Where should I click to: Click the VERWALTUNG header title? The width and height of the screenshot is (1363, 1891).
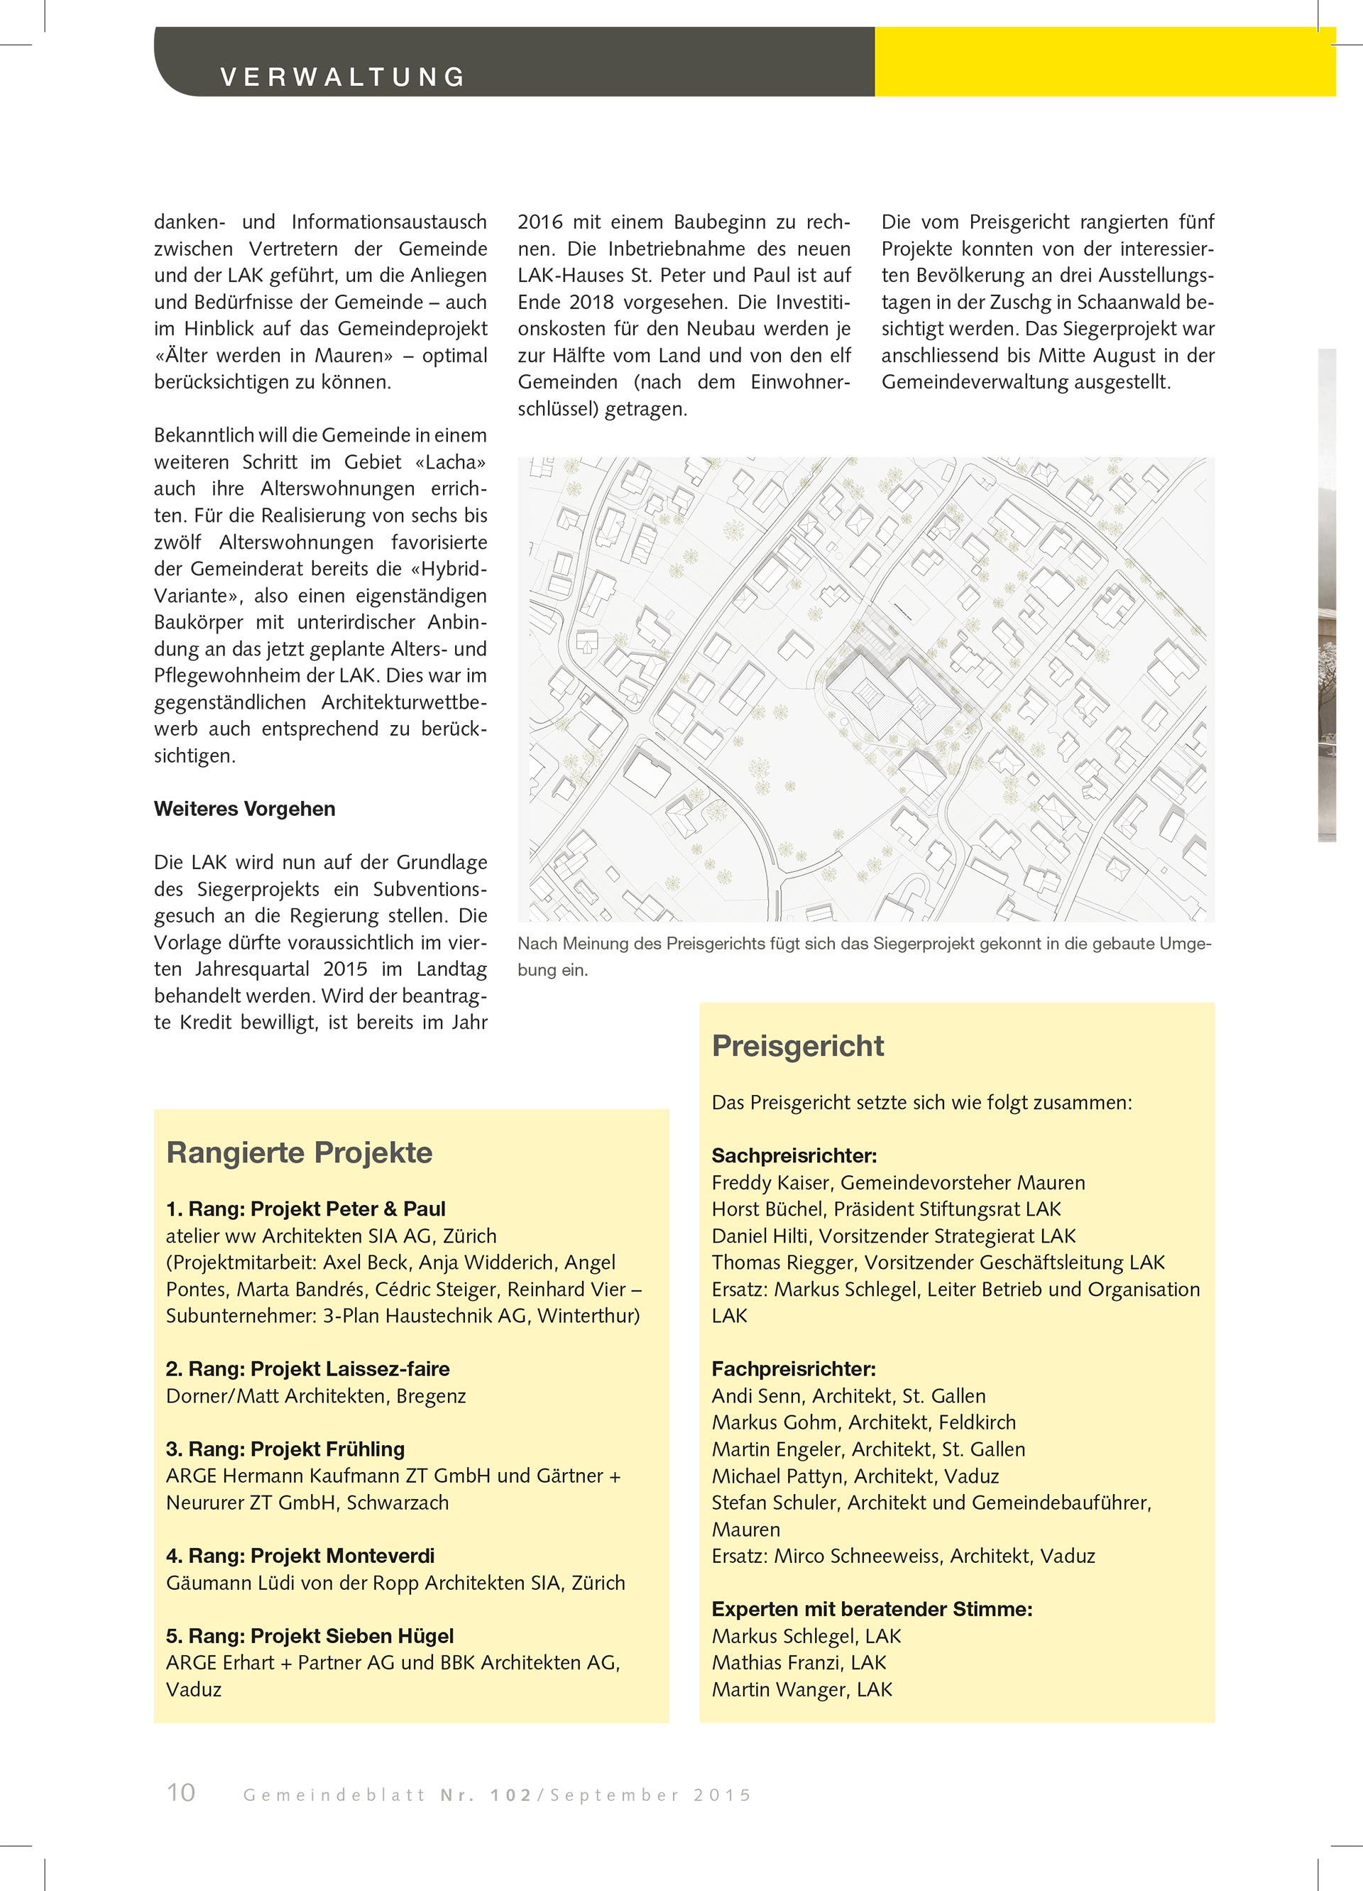[343, 77]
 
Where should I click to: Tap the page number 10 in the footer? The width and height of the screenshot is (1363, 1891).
[181, 1792]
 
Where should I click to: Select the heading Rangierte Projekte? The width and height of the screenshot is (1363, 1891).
[300, 1152]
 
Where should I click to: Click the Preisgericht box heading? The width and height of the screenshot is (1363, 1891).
[798, 1045]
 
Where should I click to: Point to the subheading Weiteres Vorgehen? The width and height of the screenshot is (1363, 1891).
[244, 809]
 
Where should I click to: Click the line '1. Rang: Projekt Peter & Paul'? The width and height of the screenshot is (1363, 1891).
[305, 1209]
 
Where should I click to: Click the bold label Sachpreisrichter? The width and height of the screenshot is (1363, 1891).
[794, 1155]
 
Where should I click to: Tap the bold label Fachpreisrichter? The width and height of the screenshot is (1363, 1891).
[794, 1369]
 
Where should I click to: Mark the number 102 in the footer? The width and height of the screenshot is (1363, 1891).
[511, 1795]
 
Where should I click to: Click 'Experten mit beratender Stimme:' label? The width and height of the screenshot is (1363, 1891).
[872, 1609]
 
